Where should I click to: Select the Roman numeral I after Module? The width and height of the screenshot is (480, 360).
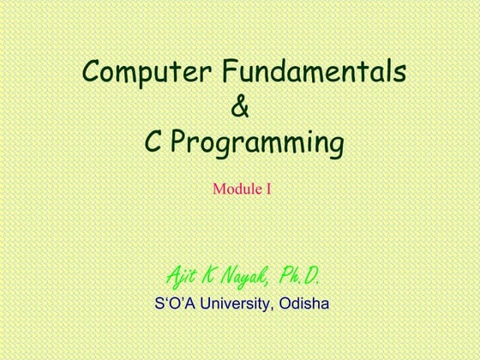pos(267,187)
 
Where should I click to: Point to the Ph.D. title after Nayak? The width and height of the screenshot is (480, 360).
pos(300,277)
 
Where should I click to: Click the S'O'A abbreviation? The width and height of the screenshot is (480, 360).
pos(172,303)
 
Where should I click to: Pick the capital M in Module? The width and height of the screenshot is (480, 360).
pos(219,187)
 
